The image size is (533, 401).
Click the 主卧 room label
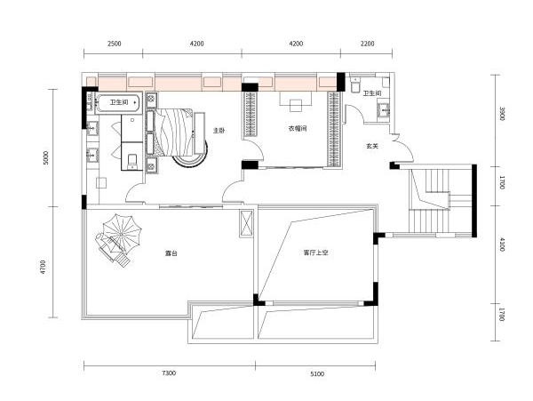coord(219,131)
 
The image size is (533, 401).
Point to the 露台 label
coord(171,254)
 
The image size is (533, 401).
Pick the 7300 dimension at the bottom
coord(170,373)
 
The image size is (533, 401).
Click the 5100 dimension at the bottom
coord(317,373)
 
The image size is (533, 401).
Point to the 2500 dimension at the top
coord(114,43)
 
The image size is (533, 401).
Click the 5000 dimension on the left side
coord(44,158)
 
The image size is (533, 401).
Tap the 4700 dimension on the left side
coord(44,265)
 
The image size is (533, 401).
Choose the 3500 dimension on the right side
coord(502,114)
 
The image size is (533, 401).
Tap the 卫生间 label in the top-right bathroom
coord(372,92)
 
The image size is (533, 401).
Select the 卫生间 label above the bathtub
coord(118,103)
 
